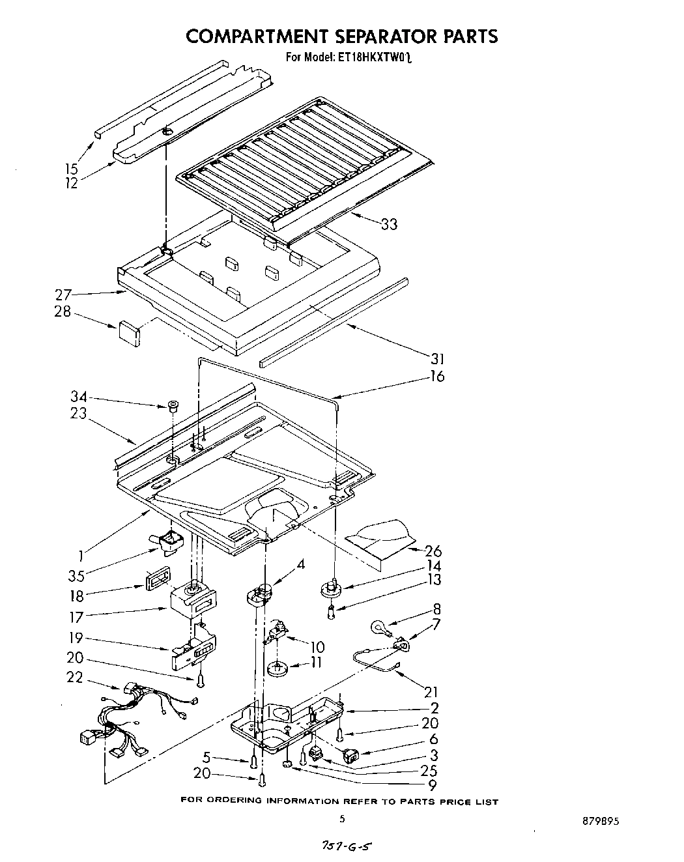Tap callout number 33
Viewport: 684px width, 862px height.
coord(389,224)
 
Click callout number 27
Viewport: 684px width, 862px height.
coord(63,295)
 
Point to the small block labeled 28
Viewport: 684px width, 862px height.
coord(130,330)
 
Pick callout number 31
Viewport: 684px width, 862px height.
coord(436,359)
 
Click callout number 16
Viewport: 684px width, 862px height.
coord(436,377)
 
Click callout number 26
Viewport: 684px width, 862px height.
coord(433,551)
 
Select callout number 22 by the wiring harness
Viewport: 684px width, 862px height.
coord(75,678)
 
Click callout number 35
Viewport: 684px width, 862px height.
coord(77,576)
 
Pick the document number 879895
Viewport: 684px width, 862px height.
coord(597,822)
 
